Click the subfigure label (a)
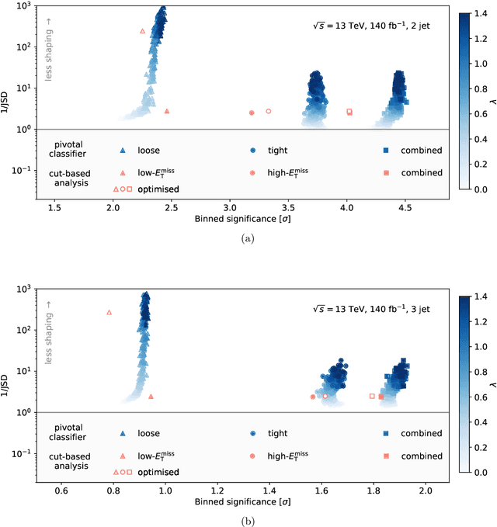[248, 239]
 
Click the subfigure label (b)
[248, 521]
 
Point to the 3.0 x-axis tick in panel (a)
[230, 208]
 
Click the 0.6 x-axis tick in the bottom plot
[61, 491]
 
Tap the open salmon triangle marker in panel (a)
[142, 31]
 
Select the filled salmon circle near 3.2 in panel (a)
[252, 113]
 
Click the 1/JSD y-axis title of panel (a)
[10, 101]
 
